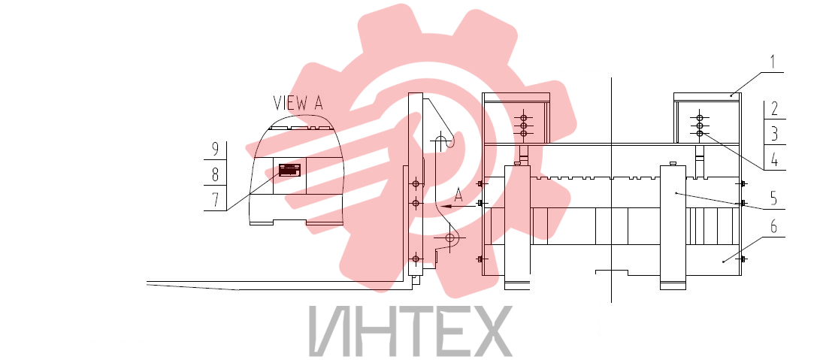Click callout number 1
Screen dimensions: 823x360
pyautogui.click(x=772, y=62)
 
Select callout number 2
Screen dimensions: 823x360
pyautogui.click(x=775, y=109)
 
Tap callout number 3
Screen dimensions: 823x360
pyautogui.click(x=775, y=134)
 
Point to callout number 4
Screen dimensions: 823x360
pyautogui.click(x=775, y=160)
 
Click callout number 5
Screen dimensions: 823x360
pyautogui.click(x=773, y=198)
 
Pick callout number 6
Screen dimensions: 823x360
pyautogui.click(x=773, y=227)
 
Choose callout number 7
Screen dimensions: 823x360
pyautogui.click(x=215, y=200)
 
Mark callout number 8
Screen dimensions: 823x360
pyautogui.click(x=215, y=175)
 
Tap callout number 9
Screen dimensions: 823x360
pyautogui.click(x=215, y=150)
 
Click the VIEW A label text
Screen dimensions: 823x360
pyautogui.click(x=298, y=103)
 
